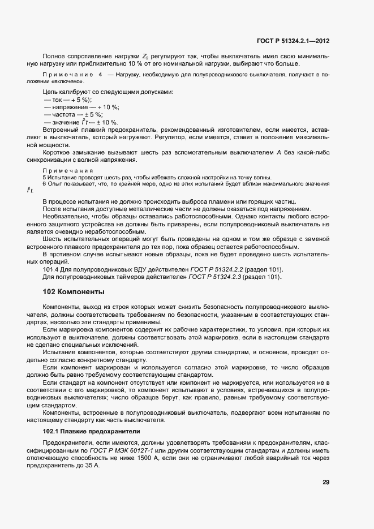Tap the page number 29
(326, 483)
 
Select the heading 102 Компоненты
(74, 292)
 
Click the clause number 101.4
(51, 269)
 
